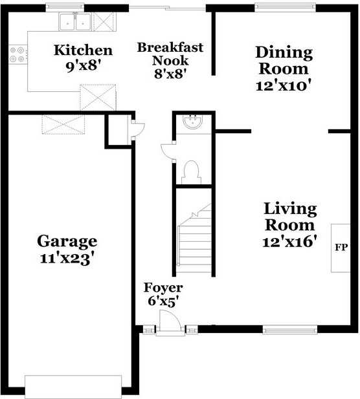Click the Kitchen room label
click(83, 50)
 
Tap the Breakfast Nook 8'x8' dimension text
click(171, 74)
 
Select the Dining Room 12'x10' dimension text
click(284, 86)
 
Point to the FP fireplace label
click(341, 247)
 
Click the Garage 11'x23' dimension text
click(67, 259)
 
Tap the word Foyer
click(163, 288)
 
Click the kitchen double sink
click(75, 22)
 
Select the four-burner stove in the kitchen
click(17, 54)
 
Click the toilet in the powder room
click(192, 172)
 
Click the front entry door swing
click(170, 321)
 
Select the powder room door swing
click(168, 152)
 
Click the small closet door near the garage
click(137, 130)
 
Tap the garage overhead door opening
click(73, 387)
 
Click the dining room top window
click(285, 7)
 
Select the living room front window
click(290, 330)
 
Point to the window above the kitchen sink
click(65, 7)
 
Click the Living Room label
click(290, 217)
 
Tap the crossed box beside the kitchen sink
click(104, 22)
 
